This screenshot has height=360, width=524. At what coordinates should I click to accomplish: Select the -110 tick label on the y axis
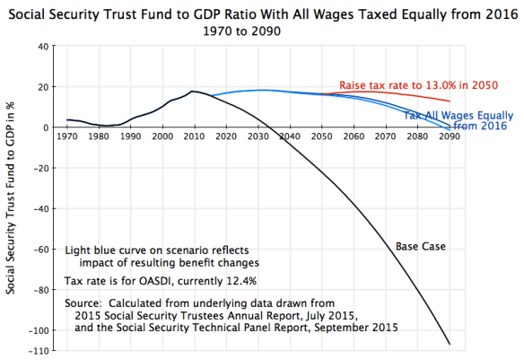(x=37, y=350)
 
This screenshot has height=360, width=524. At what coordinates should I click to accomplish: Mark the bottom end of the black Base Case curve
(x=450, y=344)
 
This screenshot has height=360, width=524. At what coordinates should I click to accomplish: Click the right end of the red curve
(x=450, y=101)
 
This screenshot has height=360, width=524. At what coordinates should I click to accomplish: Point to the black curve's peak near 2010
(x=192, y=91)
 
